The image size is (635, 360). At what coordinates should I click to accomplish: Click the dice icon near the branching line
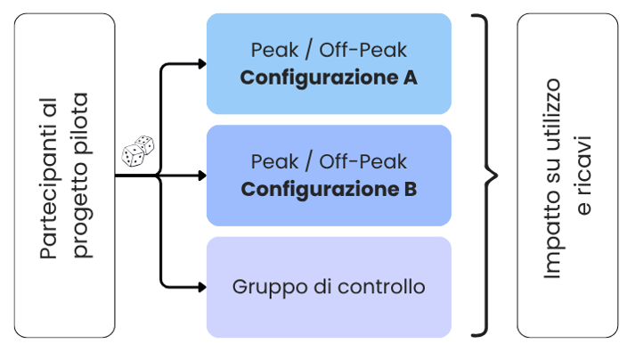[x=138, y=152]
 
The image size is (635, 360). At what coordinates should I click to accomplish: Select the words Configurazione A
[x=329, y=78]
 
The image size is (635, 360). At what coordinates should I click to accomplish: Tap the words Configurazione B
[x=329, y=190]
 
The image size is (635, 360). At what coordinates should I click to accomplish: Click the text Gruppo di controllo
[x=329, y=288]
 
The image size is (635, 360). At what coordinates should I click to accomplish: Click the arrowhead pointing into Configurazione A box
[x=202, y=63]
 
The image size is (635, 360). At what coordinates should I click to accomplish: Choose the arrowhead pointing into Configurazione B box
[x=202, y=176]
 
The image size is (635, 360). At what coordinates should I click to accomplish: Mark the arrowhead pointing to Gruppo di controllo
[x=202, y=287]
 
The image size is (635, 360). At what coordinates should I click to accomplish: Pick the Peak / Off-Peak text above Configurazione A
[x=329, y=50]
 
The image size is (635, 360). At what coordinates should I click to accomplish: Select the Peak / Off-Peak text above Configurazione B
[x=329, y=162]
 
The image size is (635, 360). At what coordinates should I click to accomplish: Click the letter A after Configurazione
[x=410, y=78]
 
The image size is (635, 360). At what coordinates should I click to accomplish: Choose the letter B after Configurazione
[x=410, y=190]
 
